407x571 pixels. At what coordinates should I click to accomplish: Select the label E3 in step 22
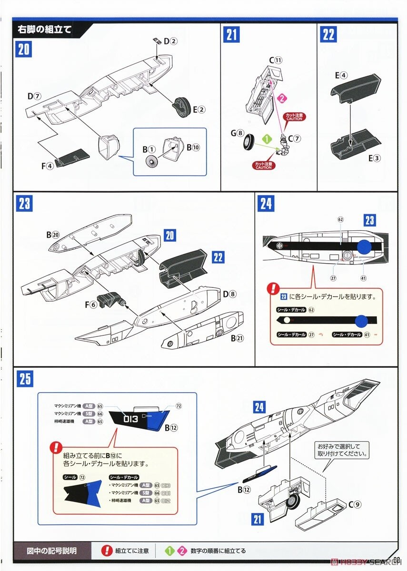pyautogui.click(x=377, y=158)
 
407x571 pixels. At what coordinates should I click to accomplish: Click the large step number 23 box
pyautogui.click(x=24, y=204)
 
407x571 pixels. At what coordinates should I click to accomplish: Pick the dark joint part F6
pyautogui.click(x=109, y=300)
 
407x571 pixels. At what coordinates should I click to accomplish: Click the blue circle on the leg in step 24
pyautogui.click(x=364, y=246)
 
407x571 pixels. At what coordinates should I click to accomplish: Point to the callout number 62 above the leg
pyautogui.click(x=340, y=220)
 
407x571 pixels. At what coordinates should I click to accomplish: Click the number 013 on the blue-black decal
pyautogui.click(x=130, y=419)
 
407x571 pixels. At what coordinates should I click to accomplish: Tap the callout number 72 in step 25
pyautogui.click(x=179, y=406)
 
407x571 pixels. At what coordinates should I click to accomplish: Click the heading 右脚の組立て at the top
pyautogui.click(x=44, y=29)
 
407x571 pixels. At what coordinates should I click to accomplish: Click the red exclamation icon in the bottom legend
pyautogui.click(x=107, y=551)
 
